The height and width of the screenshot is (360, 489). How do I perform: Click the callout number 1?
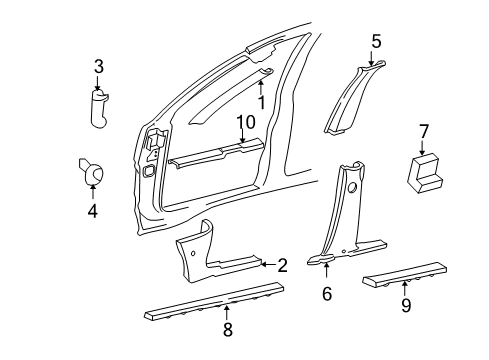tap(261, 102)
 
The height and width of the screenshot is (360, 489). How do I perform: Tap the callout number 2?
tap(283, 265)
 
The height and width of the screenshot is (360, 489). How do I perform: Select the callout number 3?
tap(99, 67)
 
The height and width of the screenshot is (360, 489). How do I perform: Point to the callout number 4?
tap(92, 211)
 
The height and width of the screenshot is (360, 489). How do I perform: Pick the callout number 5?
tap(376, 41)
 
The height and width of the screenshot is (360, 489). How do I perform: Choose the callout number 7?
tap(423, 131)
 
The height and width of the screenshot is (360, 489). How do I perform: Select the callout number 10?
tap(245, 123)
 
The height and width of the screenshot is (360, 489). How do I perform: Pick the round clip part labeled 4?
tap(92, 174)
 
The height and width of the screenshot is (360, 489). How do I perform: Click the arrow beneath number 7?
tap(423, 148)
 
